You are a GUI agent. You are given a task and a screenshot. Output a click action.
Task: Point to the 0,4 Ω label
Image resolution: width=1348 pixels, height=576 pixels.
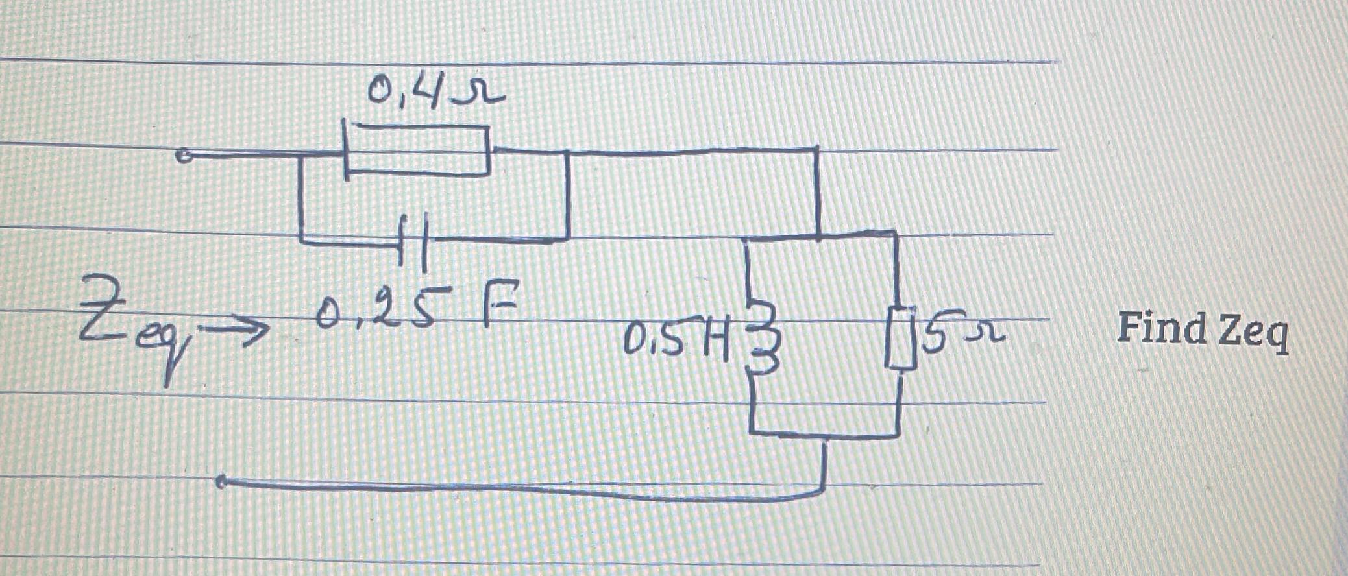(435, 91)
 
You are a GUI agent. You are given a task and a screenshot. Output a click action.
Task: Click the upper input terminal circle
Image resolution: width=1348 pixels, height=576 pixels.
(184, 156)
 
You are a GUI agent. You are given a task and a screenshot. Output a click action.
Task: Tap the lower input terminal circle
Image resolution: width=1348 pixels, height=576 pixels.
(221, 482)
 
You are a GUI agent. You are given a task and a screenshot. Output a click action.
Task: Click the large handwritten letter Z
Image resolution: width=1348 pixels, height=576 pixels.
(102, 308)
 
